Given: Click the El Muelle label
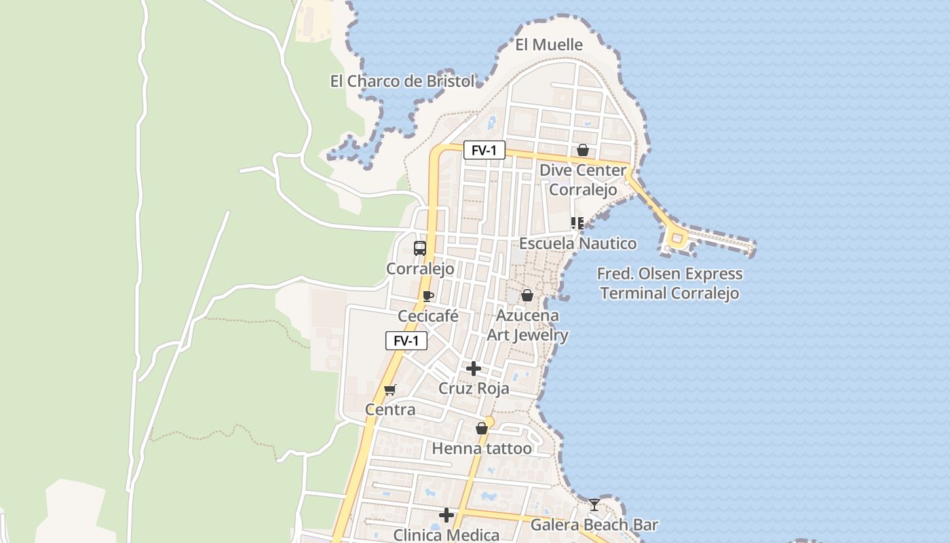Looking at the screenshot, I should pos(549,45).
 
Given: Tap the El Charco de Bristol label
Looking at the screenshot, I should pos(402,81).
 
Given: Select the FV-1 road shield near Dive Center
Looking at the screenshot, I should pos(484,150).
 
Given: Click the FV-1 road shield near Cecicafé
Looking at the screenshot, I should pos(406,341).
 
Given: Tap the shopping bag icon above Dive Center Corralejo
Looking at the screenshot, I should pos(582,150).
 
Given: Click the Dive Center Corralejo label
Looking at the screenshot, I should pos(583,180).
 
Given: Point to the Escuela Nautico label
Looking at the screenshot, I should pos(577,244).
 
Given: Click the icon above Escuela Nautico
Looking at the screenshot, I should pos(577,223).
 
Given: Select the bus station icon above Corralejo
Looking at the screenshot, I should pos(420,248).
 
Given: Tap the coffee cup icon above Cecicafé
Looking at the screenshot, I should pos(427,296).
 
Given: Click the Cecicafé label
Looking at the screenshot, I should pos(428,316).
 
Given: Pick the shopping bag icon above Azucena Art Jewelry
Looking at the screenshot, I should pos(527,295).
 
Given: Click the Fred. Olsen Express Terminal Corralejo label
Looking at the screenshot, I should pos(670,284).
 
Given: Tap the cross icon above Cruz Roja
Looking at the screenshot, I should pos(474,369).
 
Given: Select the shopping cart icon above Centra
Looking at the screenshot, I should pos(389,390).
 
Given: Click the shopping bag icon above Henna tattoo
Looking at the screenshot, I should pos(482,428).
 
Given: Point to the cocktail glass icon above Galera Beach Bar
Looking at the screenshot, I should pos(594,504).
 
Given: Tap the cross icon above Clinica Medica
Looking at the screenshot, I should pos(446,516).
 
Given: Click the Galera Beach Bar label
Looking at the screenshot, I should pos(594,525).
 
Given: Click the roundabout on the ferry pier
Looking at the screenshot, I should pos(677,238).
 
